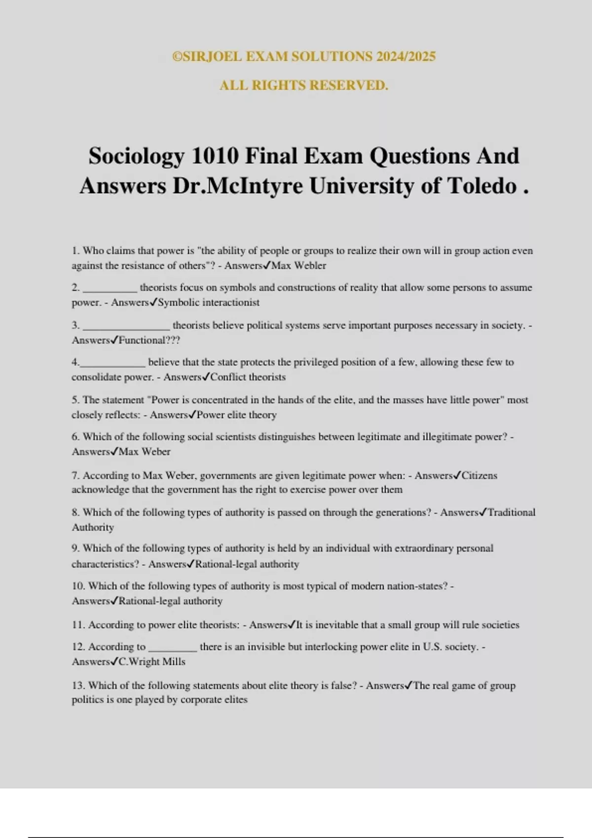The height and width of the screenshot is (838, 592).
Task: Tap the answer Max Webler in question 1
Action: coord(299,266)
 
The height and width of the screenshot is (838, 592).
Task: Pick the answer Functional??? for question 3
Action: coord(149,341)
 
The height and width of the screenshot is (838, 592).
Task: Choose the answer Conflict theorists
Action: coord(248,378)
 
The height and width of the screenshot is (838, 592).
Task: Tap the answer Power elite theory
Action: coord(236,415)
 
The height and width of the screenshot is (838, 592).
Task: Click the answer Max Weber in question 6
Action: coord(145,452)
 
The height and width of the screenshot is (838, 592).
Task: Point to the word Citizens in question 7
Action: coord(479,476)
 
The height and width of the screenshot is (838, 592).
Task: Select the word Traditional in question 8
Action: coord(511,513)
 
